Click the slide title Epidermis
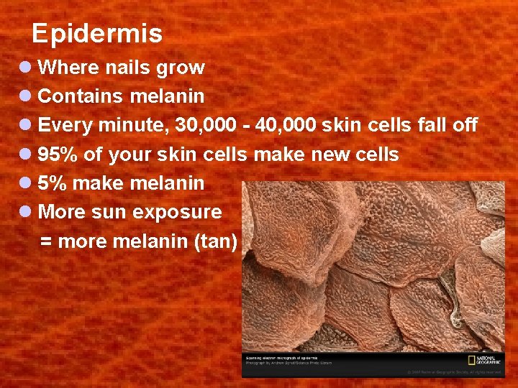point(97,33)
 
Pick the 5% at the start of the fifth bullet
point(53,183)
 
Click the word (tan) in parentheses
point(216,241)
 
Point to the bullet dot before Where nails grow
point(26,68)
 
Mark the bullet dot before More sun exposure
point(26,212)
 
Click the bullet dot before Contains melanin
point(26,96)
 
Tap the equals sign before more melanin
point(46,241)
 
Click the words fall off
point(447,125)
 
